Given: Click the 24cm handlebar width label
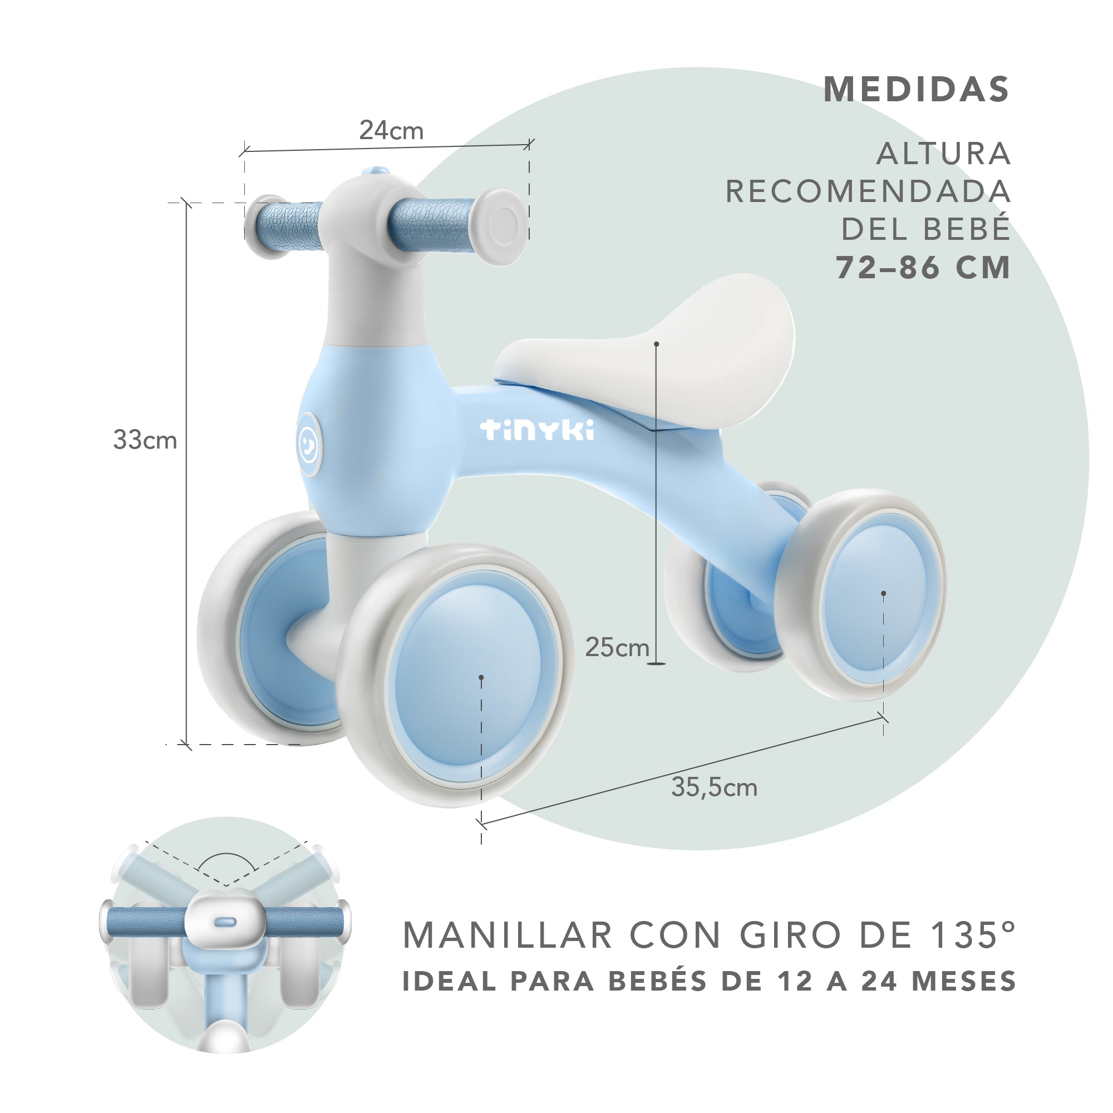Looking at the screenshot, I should [391, 131].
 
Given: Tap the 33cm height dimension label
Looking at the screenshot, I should [145, 440].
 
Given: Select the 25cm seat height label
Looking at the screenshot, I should [617, 648].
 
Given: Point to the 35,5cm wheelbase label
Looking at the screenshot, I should [714, 787].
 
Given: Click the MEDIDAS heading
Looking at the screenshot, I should [916, 90].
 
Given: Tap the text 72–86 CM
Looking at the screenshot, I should [923, 268].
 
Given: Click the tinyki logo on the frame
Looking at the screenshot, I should [537, 430].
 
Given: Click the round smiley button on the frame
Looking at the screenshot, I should [309, 444].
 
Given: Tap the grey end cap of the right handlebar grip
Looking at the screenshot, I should [500, 226].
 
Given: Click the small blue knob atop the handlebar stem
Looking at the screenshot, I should [375, 171].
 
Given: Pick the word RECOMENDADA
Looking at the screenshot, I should [868, 192].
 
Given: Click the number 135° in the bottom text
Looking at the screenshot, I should [973, 934].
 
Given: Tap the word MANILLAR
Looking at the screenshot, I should [508, 934].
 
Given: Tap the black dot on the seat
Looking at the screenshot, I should [656, 344].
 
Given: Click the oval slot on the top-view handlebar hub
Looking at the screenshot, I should [225, 922].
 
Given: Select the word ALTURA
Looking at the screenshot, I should [943, 154].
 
